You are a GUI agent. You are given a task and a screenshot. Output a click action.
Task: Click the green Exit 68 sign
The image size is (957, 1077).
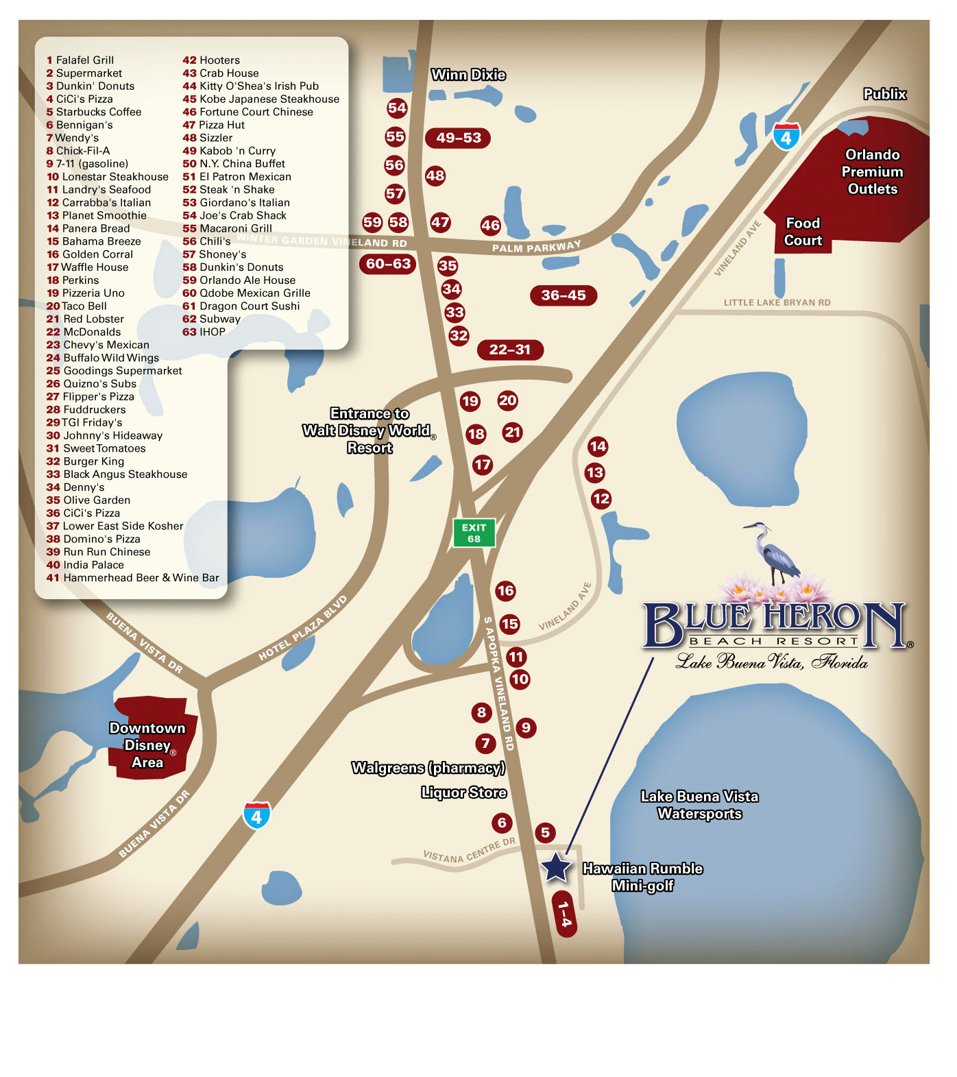[x=474, y=533]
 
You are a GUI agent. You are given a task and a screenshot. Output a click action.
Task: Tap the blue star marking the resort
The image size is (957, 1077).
[x=556, y=867]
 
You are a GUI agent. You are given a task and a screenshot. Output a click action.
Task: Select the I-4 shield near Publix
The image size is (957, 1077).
[x=786, y=136]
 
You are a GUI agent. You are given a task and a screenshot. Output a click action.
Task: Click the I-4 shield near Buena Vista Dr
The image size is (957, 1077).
[x=256, y=815]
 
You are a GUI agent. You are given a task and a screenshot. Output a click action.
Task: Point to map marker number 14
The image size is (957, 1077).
[x=598, y=446]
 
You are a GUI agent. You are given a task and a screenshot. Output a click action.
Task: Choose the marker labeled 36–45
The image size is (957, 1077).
[x=564, y=295]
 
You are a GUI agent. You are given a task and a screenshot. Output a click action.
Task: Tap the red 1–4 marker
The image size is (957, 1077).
[x=564, y=914]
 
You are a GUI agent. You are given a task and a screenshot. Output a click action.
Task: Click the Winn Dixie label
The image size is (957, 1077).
[x=468, y=75]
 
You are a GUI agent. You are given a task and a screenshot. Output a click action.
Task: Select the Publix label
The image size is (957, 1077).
[x=884, y=94]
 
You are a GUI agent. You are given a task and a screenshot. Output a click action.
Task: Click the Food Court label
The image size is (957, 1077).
[x=803, y=232]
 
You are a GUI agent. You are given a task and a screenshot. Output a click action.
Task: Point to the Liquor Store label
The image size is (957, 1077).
[x=464, y=792]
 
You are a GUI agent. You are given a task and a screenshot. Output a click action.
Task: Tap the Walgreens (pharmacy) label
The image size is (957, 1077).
[x=428, y=768]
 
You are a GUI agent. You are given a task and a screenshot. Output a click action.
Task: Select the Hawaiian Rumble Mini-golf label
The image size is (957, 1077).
[x=642, y=877]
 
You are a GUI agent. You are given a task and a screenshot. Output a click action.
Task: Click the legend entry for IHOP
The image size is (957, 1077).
[x=204, y=332]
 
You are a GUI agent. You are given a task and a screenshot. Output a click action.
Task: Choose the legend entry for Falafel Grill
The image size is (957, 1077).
[x=80, y=60]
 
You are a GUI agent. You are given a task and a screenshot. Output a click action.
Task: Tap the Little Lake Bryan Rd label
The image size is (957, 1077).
[x=777, y=302]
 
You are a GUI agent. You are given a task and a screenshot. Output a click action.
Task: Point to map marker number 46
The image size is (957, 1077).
[x=490, y=225]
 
